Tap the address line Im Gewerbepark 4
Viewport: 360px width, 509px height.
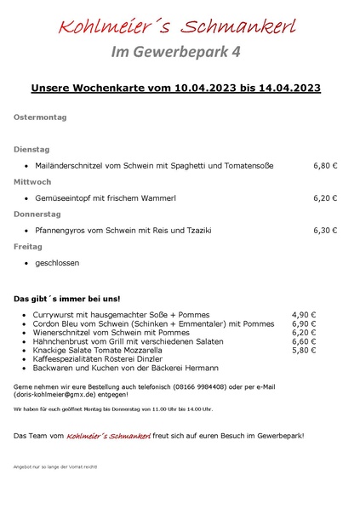[176, 52]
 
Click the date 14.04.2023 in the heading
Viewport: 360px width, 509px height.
[286, 88]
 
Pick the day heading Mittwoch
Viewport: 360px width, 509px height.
[32, 181]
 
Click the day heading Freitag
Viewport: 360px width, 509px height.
[28, 246]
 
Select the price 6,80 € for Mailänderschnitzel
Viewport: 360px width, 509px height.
[325, 165]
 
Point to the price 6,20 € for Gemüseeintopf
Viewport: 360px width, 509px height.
[325, 197]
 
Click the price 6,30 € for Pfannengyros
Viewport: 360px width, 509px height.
[325, 230]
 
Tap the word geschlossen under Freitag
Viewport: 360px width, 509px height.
[57, 263]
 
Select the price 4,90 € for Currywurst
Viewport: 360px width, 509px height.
[304, 314]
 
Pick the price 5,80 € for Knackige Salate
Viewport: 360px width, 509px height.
[304, 350]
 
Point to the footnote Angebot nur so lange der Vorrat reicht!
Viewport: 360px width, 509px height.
[55, 467]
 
